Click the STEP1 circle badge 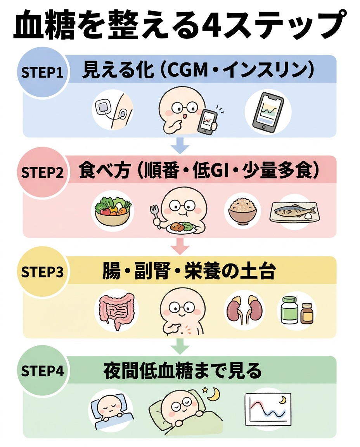(x=42, y=73)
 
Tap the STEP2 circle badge (x=42, y=172)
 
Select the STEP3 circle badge (x=42, y=272)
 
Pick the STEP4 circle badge (x=42, y=371)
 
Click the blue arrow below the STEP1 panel (x=180, y=146)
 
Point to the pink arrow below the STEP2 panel (x=180, y=246)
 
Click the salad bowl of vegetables (x=114, y=211)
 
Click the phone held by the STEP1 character (x=207, y=122)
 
